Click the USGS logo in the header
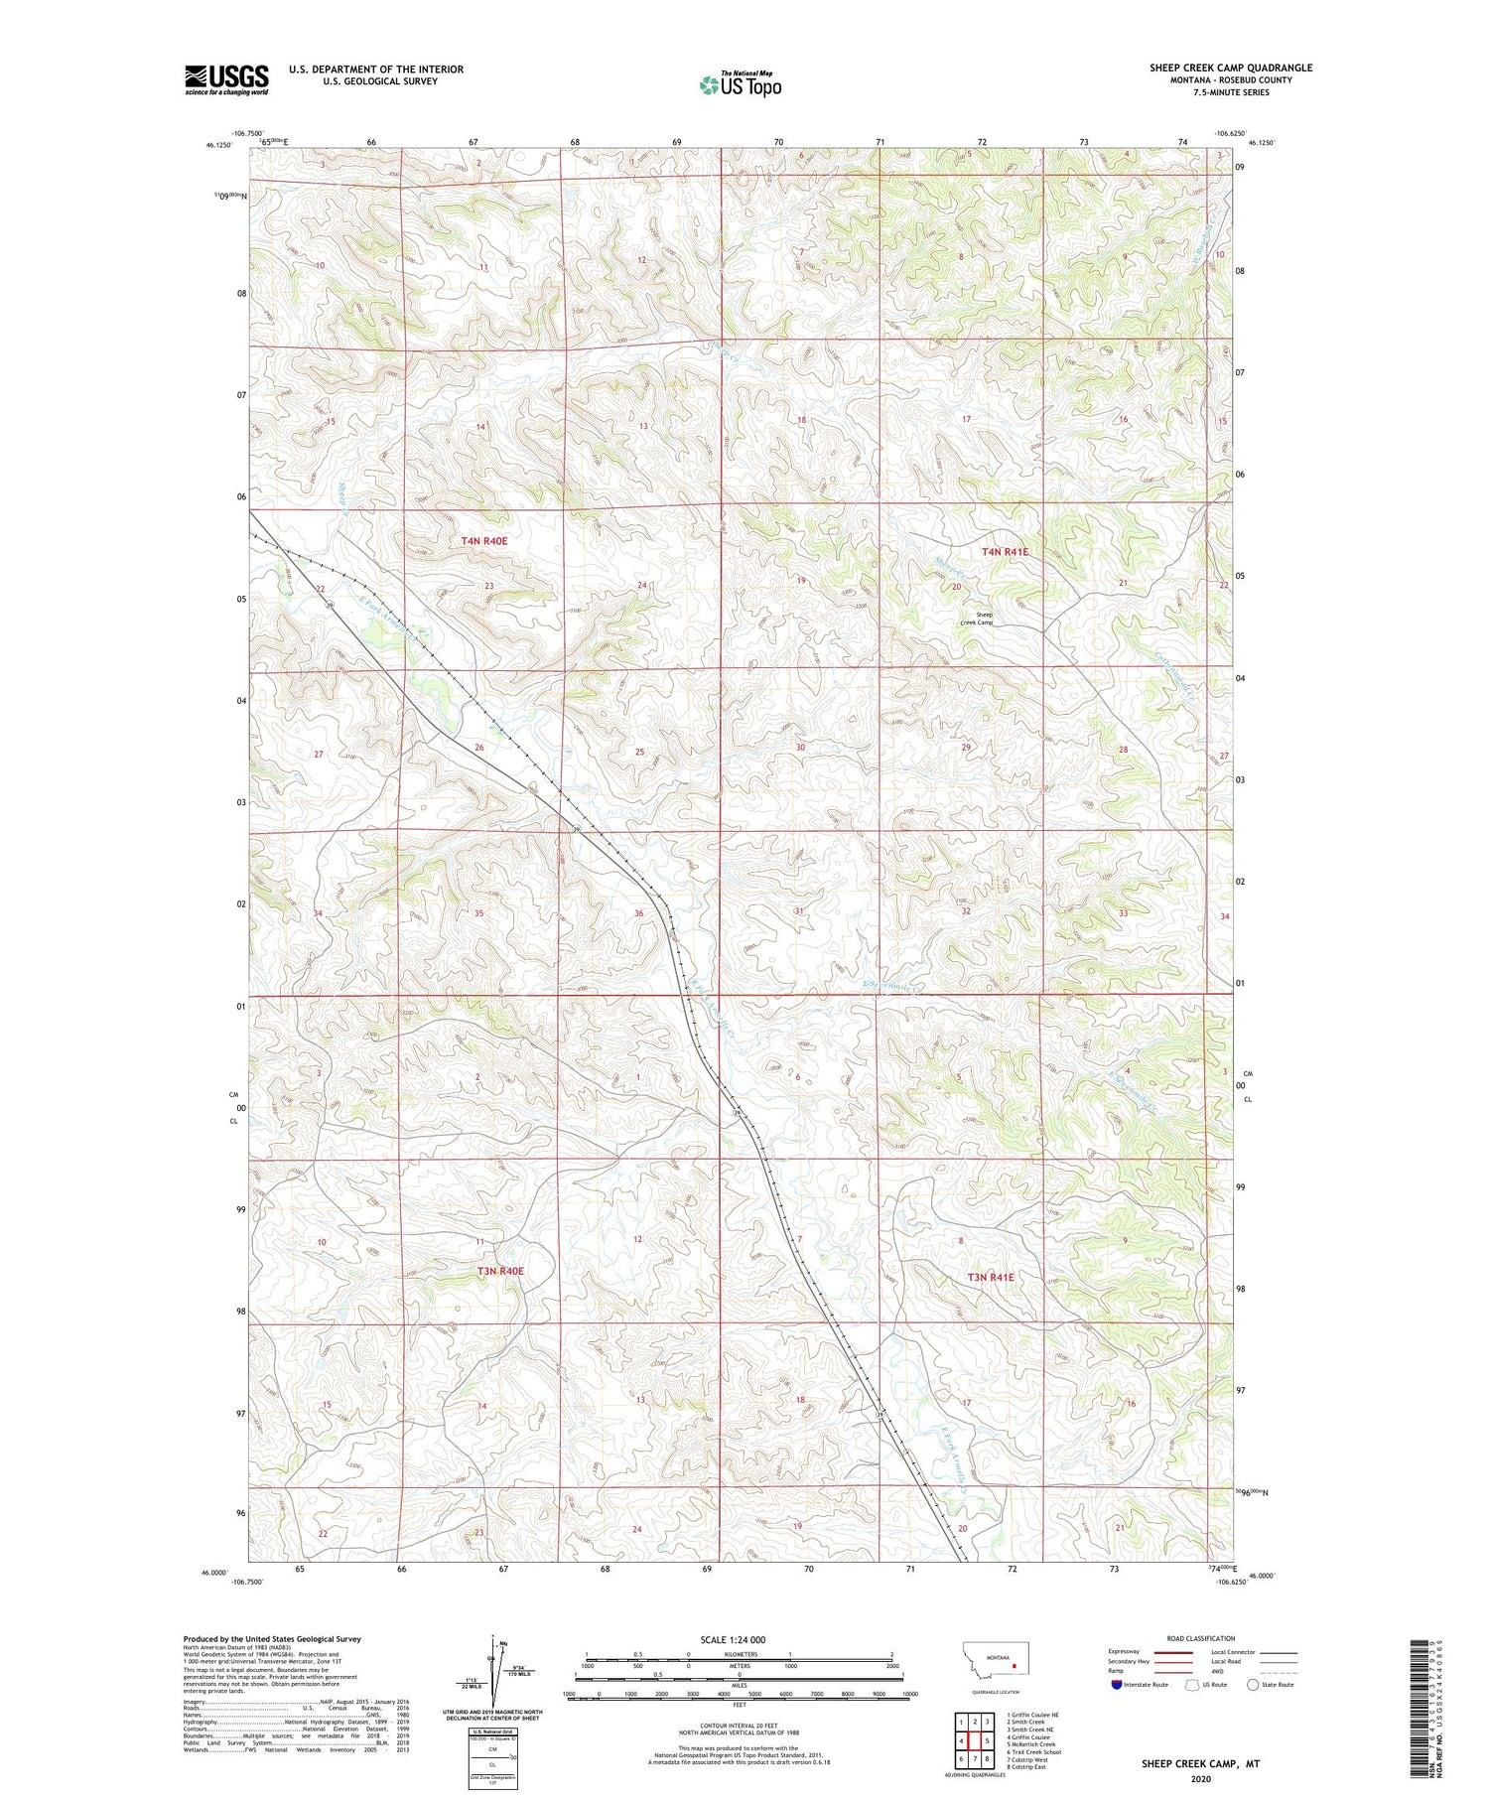pos(226,79)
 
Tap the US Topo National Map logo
pos(741,84)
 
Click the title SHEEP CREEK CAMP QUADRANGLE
pos(1231,68)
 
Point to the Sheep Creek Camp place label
pos(977,619)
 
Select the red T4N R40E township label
pos(484,541)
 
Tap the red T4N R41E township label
pos(1005,551)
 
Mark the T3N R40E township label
pos(499,1271)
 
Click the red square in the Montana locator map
pos(1015,1667)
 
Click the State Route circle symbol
pos(1254,1685)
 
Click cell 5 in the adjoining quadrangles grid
pos(988,1739)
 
